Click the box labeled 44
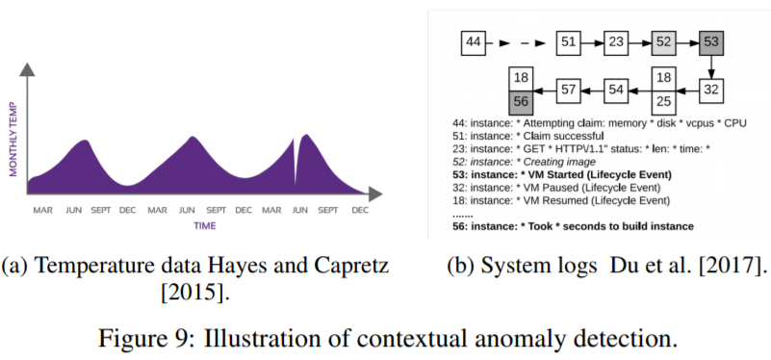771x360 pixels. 473,43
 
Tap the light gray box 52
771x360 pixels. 663,43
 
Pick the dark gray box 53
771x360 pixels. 710,43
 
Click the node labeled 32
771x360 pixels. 710,90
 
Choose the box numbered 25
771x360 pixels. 663,100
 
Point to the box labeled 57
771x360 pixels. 570,90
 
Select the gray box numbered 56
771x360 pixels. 522,101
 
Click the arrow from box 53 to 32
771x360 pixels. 710,66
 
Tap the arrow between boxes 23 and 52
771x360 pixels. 640,43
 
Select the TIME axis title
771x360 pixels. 204,226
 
